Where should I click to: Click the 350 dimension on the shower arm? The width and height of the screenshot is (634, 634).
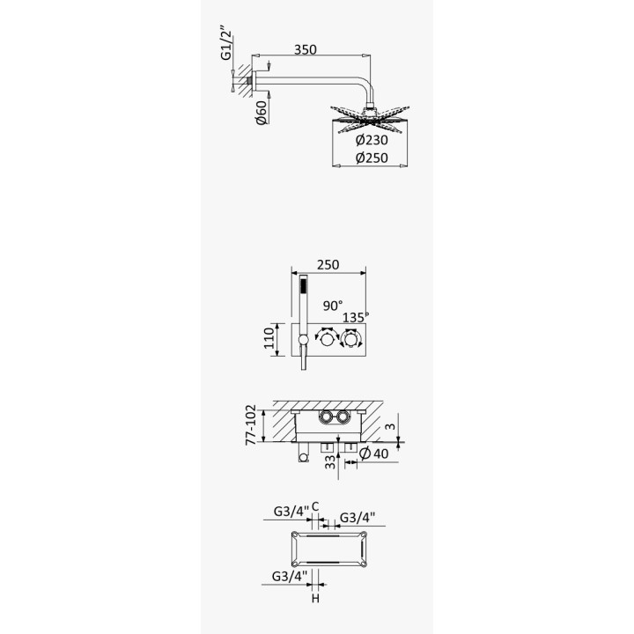(306, 49)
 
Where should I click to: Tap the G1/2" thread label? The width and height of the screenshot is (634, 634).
(227, 43)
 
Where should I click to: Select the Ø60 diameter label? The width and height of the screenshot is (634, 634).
(262, 112)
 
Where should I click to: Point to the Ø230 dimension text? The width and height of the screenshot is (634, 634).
(372, 140)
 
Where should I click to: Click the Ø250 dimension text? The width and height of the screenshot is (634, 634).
(372, 158)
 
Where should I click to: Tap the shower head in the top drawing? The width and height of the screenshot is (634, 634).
(370, 119)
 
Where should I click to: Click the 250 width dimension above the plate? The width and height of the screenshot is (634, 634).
(328, 264)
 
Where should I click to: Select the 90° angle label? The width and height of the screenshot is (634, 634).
(333, 306)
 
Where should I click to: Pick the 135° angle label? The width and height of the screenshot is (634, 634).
(356, 317)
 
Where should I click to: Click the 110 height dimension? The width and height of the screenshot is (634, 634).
(269, 338)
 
